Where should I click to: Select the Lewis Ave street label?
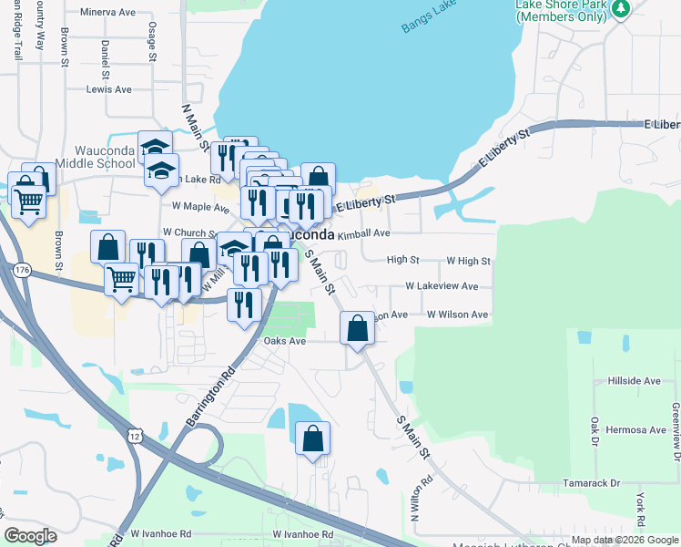click(x=108, y=89)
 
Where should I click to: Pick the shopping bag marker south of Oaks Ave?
click(x=312, y=438)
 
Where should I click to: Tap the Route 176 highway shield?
click(x=23, y=269)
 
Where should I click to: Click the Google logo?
click(x=30, y=536)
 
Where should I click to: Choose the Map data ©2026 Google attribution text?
click(x=624, y=540)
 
